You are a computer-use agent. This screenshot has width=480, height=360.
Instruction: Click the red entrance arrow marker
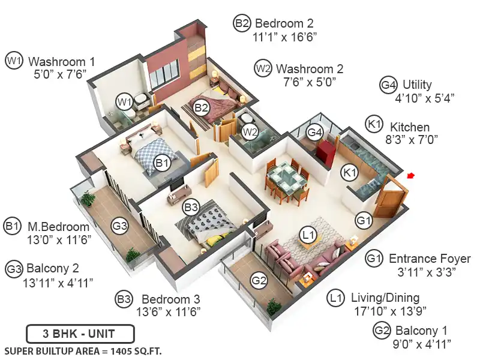(411, 176)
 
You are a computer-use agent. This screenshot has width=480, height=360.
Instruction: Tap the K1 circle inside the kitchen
(350, 173)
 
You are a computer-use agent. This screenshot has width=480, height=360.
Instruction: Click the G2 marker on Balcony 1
(259, 280)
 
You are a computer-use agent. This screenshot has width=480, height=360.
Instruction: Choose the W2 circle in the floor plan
(250, 132)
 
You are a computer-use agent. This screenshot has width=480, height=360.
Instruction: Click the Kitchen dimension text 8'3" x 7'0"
(412, 140)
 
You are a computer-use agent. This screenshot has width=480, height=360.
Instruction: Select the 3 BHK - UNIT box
(80, 334)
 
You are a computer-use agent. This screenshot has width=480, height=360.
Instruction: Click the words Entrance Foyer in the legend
(430, 259)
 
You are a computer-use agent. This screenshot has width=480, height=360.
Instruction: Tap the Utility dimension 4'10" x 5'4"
(425, 98)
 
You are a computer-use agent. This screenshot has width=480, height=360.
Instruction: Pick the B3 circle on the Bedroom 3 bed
(191, 208)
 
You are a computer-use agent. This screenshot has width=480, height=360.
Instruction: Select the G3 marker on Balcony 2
(119, 226)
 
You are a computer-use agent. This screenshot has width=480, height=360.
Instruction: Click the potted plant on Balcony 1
(272, 307)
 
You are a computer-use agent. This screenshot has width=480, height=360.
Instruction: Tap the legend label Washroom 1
(62, 62)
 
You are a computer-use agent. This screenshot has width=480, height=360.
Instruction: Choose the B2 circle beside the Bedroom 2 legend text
(242, 23)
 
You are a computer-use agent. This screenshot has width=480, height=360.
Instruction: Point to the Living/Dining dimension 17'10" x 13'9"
(390, 311)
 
